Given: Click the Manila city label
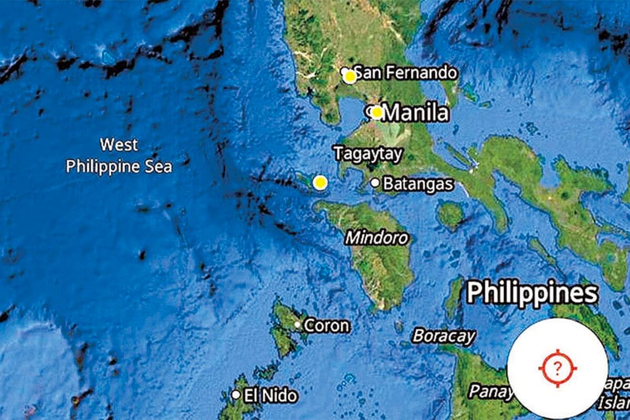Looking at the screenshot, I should point(416,113).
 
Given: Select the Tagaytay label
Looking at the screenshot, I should point(368,154).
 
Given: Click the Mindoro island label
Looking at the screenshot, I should point(376,238).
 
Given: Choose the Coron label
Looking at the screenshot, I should point(326,325).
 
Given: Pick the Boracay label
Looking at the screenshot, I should point(444,336).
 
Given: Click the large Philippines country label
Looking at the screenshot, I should point(532,293).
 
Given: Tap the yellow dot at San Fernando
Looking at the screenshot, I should point(350,77).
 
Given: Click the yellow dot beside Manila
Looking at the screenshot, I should point(376,112).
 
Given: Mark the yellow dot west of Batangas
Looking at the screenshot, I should point(320,183).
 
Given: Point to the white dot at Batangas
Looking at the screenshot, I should point(375,183).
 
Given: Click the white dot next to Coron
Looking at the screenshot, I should point(298,325).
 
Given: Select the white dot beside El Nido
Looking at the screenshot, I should point(236,394).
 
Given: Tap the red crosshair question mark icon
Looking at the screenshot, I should point(558,368).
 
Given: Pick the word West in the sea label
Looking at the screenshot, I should point(119,144).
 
